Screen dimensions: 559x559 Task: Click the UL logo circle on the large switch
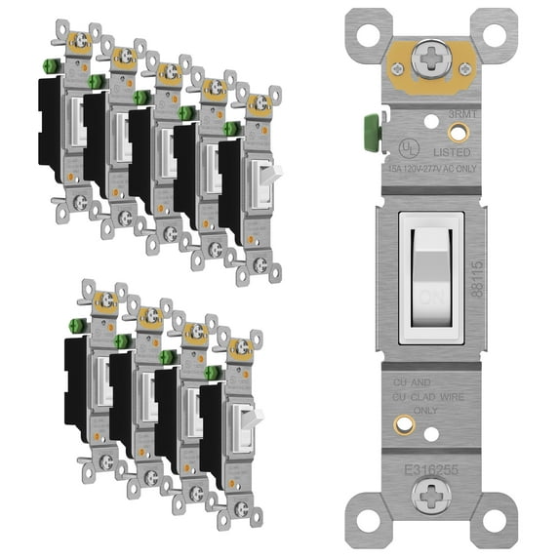pyautogui.click(x=406, y=148)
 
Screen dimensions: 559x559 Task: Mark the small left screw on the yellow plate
pyautogui.click(x=399, y=69)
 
